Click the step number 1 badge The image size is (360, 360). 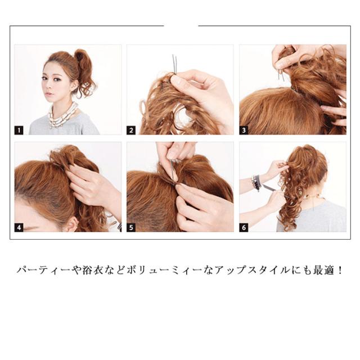pos(19,130)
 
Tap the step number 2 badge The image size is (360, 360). pos(131,130)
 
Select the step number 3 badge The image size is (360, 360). pos(244,130)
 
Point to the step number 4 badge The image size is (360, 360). pos(19,227)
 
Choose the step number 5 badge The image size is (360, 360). pos(131,227)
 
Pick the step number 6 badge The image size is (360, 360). pos(244,227)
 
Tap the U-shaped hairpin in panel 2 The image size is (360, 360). pos(174,64)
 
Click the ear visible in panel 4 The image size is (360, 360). pos(72,224)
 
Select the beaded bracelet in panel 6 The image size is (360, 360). pos(256,183)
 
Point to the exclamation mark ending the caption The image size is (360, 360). pos(340,270)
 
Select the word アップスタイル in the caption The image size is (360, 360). pos(253,270)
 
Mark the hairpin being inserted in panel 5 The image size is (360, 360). pos(173,171)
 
